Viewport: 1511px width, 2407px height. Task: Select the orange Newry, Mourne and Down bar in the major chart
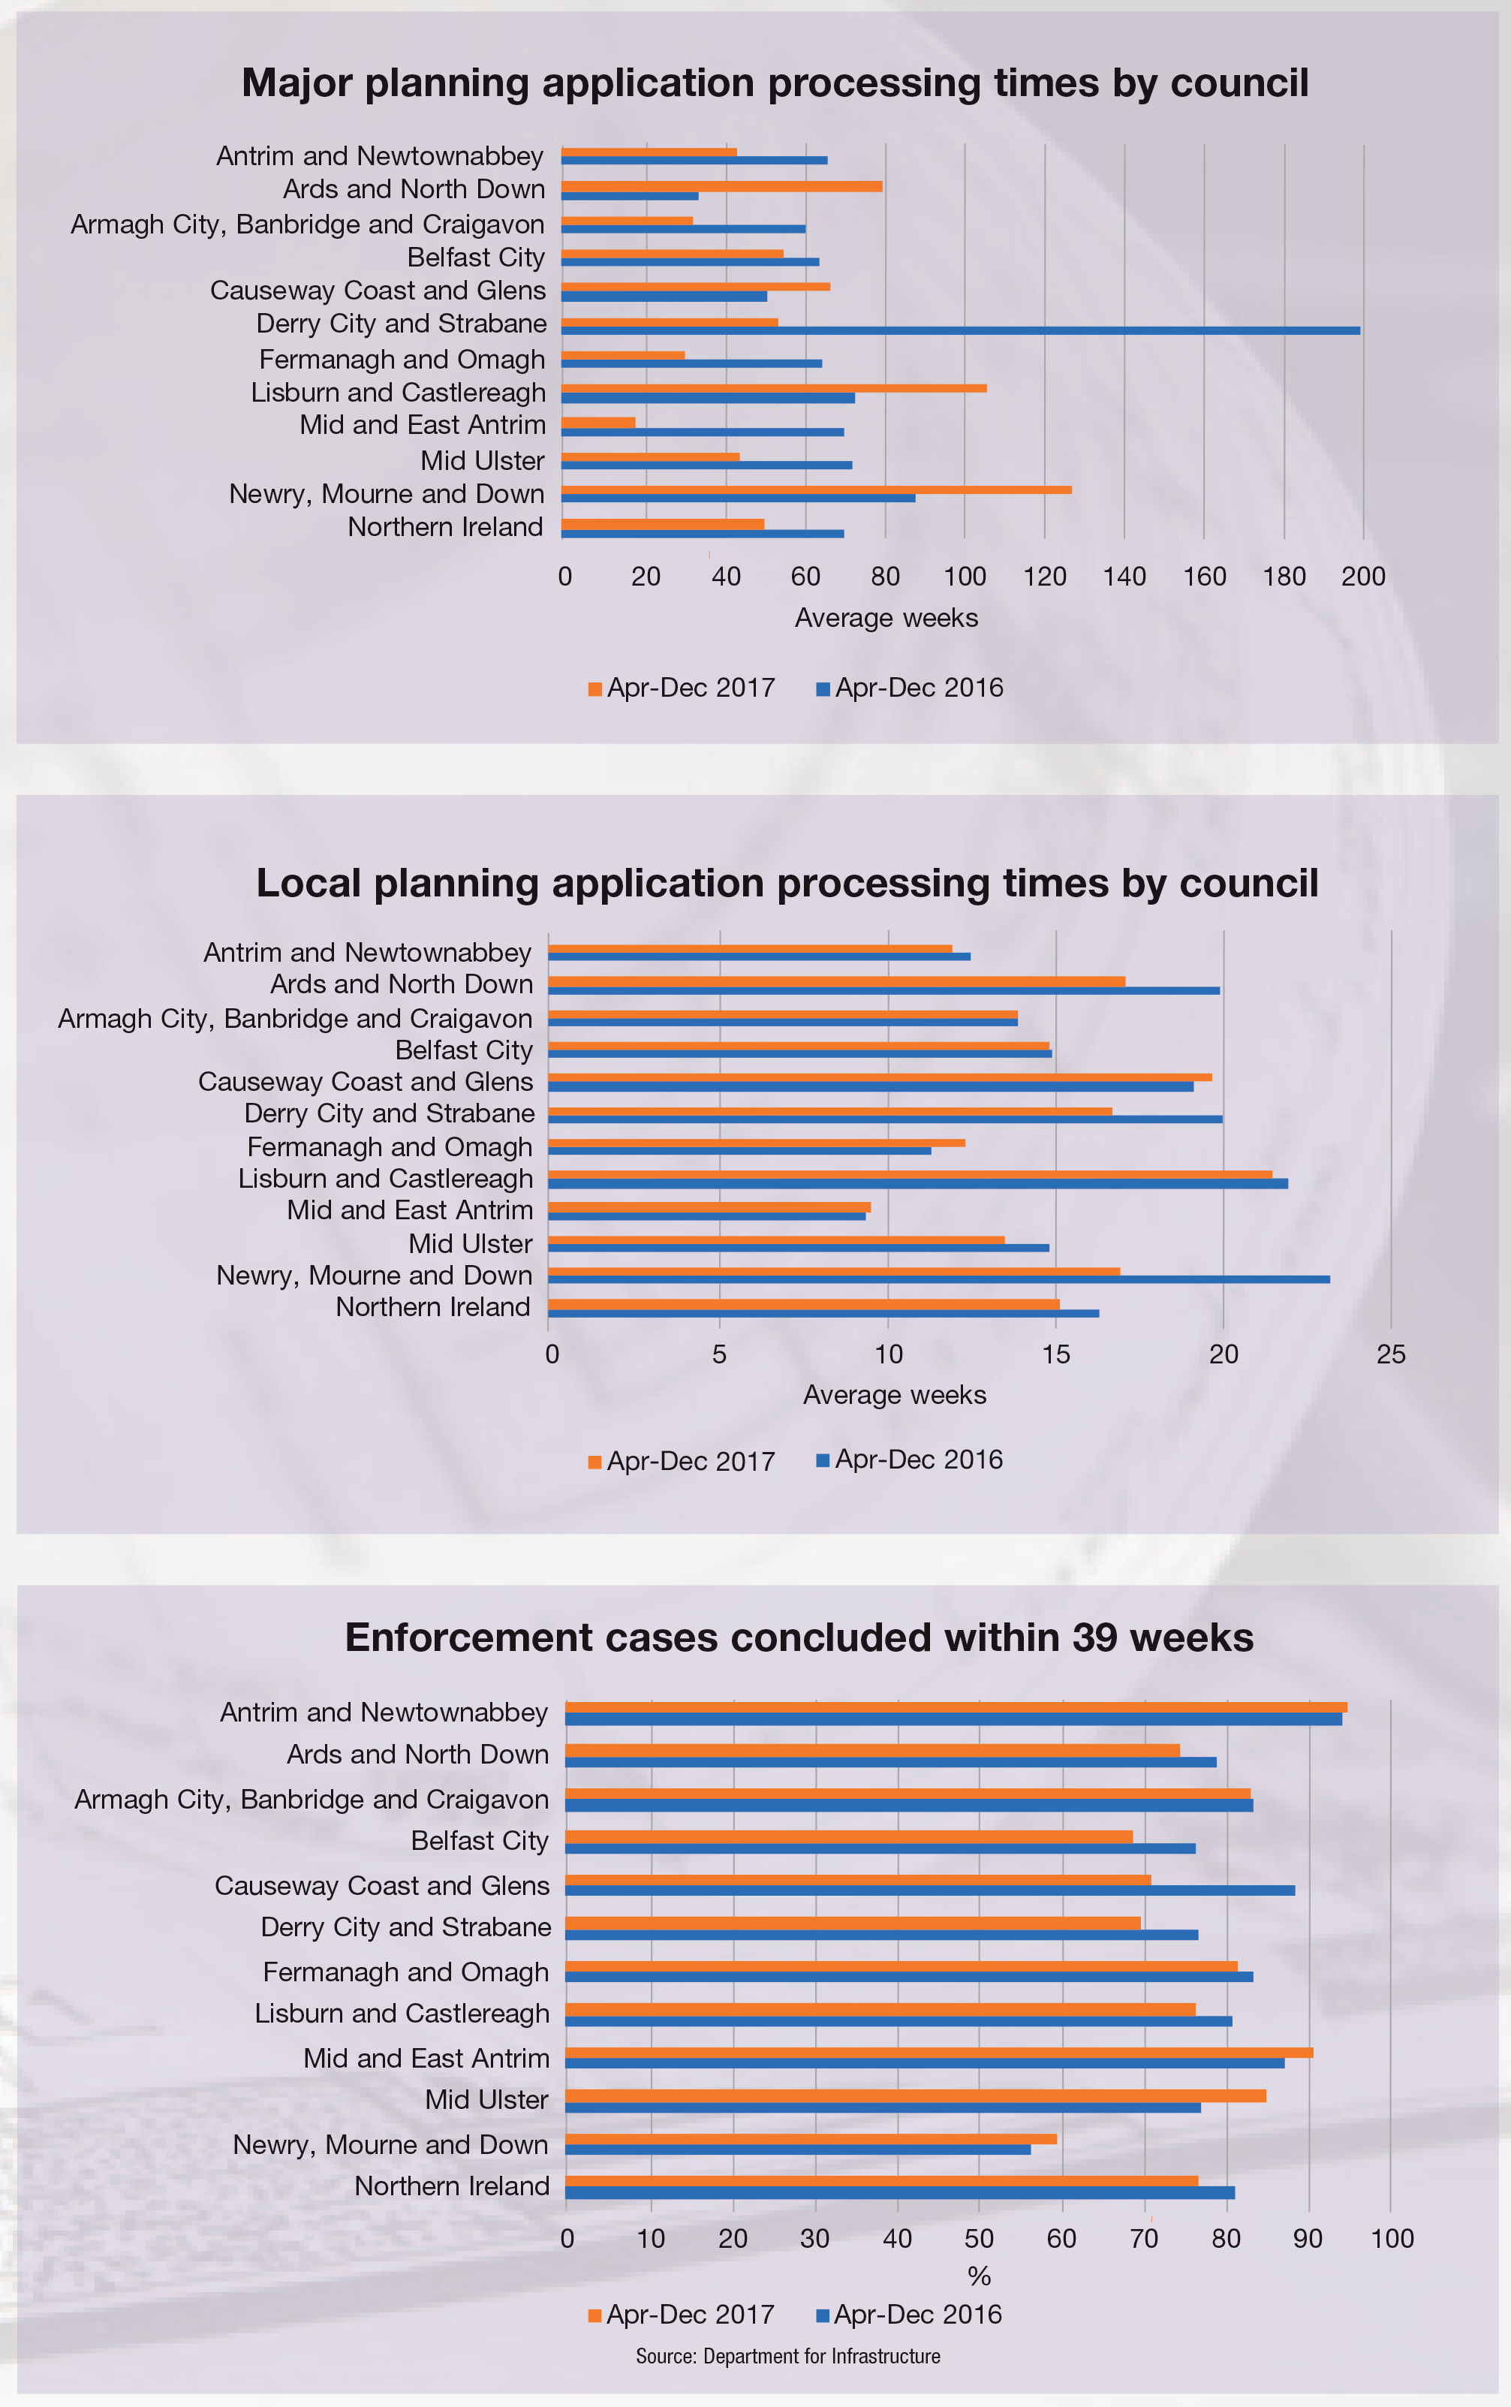(815, 490)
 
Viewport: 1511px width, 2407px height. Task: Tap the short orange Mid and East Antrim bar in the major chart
(597, 423)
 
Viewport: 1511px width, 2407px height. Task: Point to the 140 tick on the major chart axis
(1124, 577)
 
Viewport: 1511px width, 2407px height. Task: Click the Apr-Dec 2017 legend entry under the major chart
(682, 688)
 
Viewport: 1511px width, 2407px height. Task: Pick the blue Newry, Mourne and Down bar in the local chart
(938, 1279)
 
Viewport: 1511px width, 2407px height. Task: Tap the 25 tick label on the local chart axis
(1391, 1355)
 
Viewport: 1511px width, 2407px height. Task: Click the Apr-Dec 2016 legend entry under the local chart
(910, 1460)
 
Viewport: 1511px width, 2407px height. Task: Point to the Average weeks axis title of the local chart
(895, 1396)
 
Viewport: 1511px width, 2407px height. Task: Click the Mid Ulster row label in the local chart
(470, 1245)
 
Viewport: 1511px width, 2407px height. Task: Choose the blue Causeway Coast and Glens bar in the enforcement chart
(929, 1891)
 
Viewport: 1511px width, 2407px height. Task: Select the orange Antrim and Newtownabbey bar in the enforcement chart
(956, 1708)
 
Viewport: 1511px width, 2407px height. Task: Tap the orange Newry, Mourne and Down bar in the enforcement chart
(811, 2139)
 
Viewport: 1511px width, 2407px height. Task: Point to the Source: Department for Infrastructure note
(787, 2357)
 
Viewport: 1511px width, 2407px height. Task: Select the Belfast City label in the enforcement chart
(480, 1841)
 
